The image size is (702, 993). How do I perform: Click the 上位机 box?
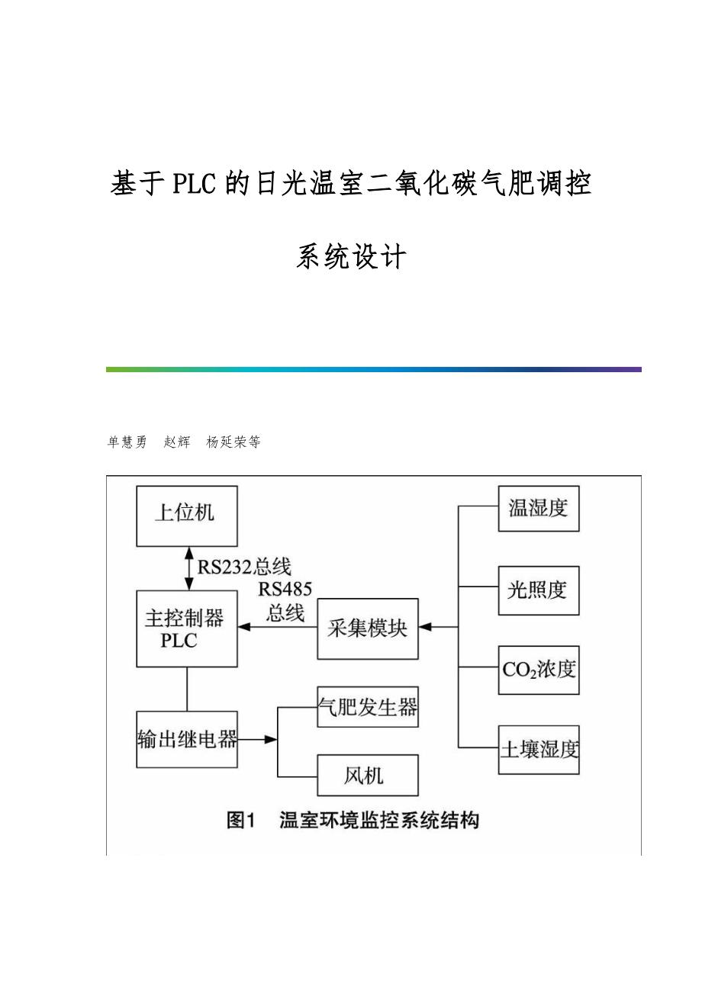[x=187, y=516]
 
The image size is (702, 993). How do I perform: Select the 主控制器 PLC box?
[x=187, y=628]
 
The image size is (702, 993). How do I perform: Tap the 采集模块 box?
[x=368, y=628]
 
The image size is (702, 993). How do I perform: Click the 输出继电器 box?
[x=187, y=739]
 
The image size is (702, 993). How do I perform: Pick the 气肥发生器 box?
[x=368, y=707]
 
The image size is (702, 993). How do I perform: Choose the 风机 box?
[x=368, y=776]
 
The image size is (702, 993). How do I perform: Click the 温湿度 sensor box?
[x=539, y=508]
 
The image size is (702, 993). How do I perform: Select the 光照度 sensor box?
[x=539, y=590]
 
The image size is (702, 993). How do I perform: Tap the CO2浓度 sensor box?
[x=539, y=670]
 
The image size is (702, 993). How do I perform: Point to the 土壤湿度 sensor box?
[x=539, y=750]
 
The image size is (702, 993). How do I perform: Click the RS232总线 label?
[x=244, y=567]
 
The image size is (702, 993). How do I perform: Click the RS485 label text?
[x=285, y=590]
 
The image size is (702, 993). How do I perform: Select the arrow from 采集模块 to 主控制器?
[x=277, y=628]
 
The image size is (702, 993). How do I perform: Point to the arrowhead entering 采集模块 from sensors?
[x=425, y=628]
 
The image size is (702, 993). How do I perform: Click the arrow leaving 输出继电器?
[x=258, y=739]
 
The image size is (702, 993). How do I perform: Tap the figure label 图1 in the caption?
[x=241, y=821]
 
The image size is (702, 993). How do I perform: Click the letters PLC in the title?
[x=195, y=185]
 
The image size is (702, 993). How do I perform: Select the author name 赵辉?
[x=177, y=442]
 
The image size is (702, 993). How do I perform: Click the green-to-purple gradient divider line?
[x=373, y=369]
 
